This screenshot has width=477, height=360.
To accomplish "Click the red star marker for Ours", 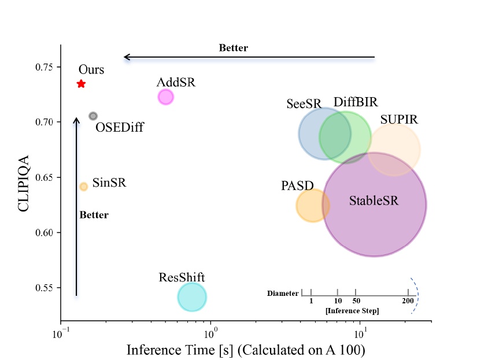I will pyautogui.click(x=81, y=84).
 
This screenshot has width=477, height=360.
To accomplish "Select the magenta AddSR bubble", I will pyautogui.click(x=165, y=97).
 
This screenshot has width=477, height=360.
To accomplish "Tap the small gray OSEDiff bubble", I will pyautogui.click(x=93, y=116).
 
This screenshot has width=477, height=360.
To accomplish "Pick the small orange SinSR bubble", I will pyautogui.click(x=83, y=187).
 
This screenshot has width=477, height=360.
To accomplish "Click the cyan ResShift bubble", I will pyautogui.click(x=192, y=297).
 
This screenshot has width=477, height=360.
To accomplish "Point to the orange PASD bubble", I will pyautogui.click(x=313, y=205).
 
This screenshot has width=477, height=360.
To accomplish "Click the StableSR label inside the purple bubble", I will pyautogui.click(x=374, y=201).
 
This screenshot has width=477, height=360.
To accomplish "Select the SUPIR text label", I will pyautogui.click(x=399, y=120).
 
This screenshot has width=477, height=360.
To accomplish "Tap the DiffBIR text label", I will pyautogui.click(x=356, y=102).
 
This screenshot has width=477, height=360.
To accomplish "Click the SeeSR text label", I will pyautogui.click(x=304, y=103).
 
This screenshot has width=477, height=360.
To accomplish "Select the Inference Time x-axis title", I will pyautogui.click(x=246, y=350).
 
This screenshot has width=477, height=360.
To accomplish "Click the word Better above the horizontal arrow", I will pyautogui.click(x=233, y=48).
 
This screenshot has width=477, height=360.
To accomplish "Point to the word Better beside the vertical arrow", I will pyautogui.click(x=94, y=215).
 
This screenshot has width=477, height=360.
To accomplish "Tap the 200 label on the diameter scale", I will pyautogui.click(x=408, y=302).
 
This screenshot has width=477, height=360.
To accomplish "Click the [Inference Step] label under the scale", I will pyautogui.click(x=352, y=311).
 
